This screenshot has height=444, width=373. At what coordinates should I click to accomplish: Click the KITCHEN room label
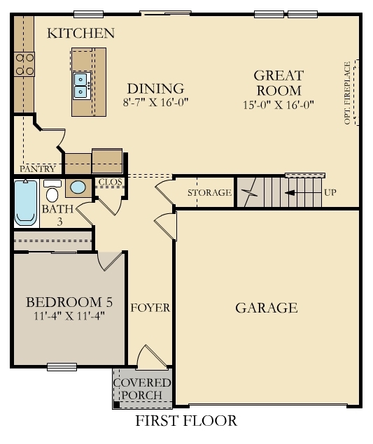[x=80, y=34]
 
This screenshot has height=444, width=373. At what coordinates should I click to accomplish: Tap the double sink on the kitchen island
[x=81, y=84]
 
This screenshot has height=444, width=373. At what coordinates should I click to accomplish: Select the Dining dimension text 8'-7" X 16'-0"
[x=155, y=102]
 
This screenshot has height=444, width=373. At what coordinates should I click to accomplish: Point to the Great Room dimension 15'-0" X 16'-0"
[x=278, y=105]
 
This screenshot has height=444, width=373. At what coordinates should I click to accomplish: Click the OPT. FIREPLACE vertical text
[x=347, y=94]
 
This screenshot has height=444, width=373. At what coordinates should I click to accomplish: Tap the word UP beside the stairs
[x=330, y=192]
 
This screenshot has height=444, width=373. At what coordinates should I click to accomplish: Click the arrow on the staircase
[x=301, y=192]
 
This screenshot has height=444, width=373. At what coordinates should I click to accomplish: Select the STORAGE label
[x=209, y=193]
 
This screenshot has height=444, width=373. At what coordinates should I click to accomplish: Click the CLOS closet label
[x=110, y=182]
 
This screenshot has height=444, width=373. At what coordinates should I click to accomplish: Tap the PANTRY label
[x=38, y=169]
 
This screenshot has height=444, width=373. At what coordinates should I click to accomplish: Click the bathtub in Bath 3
[x=26, y=202]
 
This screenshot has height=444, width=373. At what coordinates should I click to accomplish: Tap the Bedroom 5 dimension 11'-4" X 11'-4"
[x=69, y=316]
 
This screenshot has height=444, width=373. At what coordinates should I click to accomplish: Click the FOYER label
[x=150, y=308]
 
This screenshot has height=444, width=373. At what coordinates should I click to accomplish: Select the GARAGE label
[x=267, y=308]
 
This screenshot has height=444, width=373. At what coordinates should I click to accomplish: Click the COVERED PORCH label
[x=142, y=389]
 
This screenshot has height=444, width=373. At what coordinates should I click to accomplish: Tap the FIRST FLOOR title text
[x=186, y=421]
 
